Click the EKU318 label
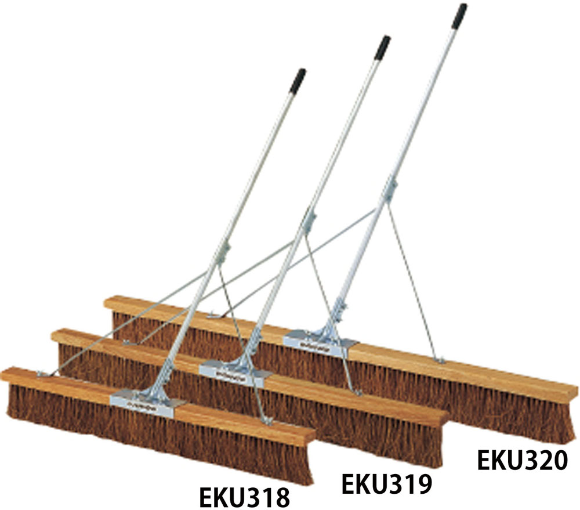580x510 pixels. [245, 498]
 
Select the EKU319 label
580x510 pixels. [387, 484]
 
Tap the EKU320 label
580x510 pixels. [523, 461]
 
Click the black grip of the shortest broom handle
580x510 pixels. [298, 81]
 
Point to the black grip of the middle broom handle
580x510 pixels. [382, 48]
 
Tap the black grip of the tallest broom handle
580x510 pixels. [459, 16]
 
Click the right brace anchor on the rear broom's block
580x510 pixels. [439, 360]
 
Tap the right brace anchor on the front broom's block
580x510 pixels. [267, 421]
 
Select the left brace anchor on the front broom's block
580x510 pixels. [43, 375]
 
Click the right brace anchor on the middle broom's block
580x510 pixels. [357, 392]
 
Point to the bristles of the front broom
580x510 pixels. [159, 433]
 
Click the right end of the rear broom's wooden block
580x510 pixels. [577, 389]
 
